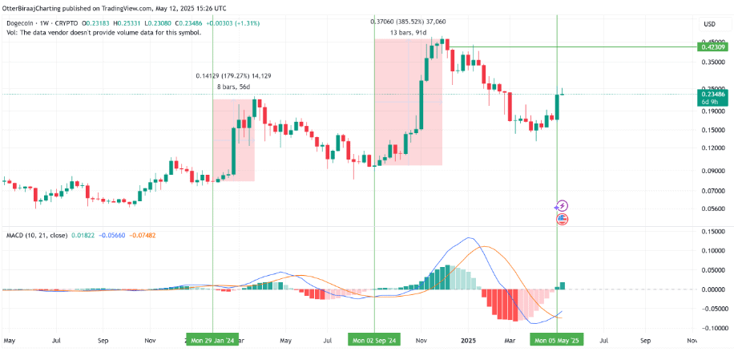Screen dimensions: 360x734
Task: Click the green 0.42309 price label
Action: [x=713, y=48]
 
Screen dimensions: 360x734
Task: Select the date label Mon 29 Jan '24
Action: [x=213, y=340]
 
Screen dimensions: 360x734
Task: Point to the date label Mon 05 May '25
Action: [x=557, y=340]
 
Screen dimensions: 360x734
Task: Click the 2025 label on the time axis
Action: [x=469, y=340]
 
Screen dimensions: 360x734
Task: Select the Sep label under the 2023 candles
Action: [x=103, y=340]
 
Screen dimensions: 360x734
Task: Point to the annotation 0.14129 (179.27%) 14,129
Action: [x=233, y=76]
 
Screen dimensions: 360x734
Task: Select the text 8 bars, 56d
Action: [x=233, y=87]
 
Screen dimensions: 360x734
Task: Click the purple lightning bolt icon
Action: [x=562, y=206]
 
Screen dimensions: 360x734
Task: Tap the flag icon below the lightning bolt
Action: [x=562, y=218]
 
